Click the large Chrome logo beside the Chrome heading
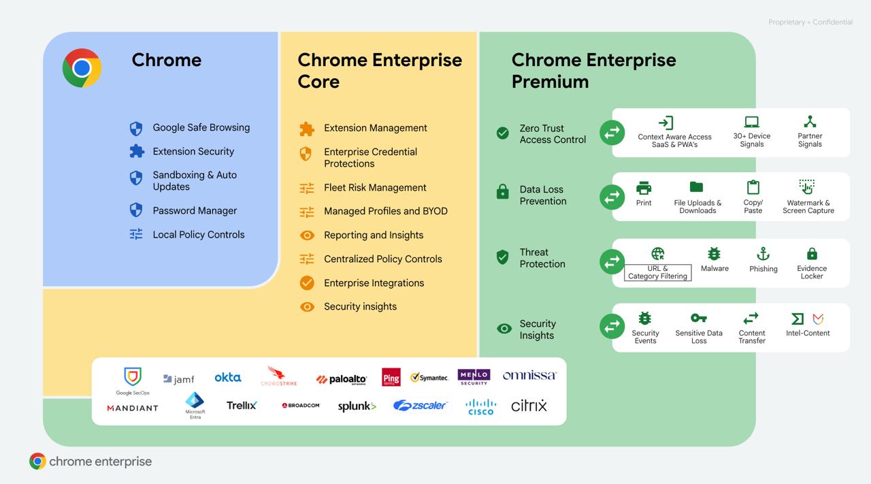click(82, 68)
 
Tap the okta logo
click(228, 377)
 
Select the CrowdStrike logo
click(279, 376)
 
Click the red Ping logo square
click(391, 377)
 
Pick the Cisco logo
click(480, 407)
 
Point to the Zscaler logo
click(421, 406)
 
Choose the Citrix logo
click(529, 406)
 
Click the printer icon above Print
click(644, 188)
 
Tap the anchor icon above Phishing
click(763, 254)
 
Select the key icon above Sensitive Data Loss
click(698, 319)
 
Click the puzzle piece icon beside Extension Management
click(307, 129)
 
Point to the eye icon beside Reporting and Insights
click(307, 236)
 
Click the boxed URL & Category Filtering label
click(657, 272)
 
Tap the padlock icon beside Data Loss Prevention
click(502, 191)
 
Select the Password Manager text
click(195, 210)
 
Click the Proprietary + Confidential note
click(810, 22)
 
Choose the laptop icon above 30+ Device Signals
click(752, 122)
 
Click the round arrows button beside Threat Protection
click(612, 261)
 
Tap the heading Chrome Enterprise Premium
click(594, 70)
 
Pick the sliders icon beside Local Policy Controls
click(136, 233)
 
